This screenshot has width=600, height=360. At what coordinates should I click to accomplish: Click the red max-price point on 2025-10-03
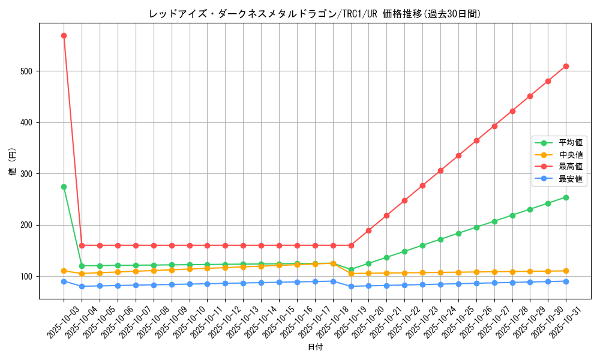(64, 35)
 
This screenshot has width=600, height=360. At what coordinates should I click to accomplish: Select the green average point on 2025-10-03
(64, 187)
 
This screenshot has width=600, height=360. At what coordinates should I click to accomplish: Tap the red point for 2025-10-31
(566, 66)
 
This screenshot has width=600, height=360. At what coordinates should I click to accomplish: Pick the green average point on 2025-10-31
(566, 197)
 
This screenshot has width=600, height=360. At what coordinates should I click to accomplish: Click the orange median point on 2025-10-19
(351, 274)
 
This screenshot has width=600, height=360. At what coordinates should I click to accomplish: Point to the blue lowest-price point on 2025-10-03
(64, 281)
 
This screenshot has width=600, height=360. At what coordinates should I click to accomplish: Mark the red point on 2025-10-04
(82, 245)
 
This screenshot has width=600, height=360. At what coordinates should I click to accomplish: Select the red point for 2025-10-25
(458, 155)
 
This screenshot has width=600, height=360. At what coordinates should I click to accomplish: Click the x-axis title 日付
(315, 347)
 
